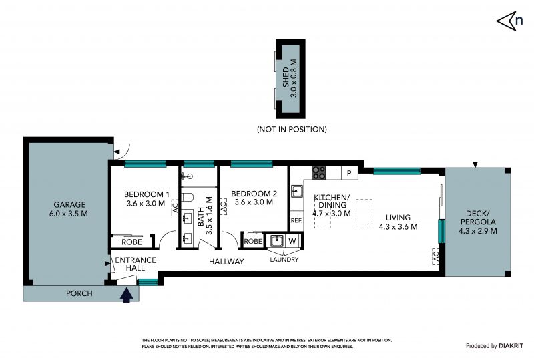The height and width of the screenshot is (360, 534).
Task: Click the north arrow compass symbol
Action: coord(509,21)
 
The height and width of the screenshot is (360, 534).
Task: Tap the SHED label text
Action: coord(286,77)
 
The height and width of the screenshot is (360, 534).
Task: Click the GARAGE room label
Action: coord(69,204)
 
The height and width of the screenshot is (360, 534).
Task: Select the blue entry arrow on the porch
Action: coord(126,295)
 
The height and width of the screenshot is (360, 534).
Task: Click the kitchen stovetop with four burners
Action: coord(319,173)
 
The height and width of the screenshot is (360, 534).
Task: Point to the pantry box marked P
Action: coord(349,173)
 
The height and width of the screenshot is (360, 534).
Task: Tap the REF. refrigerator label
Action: coord(296,220)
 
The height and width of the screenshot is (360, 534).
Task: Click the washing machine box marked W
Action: coord(292,241)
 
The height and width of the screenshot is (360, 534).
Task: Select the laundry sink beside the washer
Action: coord(276,241)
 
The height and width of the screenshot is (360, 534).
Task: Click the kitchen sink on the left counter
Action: coord(296,191)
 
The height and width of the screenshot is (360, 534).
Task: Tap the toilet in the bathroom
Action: coord(187,198)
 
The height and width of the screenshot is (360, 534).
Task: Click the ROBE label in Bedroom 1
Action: coord(131,242)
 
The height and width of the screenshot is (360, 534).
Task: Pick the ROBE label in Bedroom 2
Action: coord(253,241)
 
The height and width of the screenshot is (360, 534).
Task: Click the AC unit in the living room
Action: coord(436,256)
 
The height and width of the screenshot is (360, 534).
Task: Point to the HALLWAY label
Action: coord(226,262)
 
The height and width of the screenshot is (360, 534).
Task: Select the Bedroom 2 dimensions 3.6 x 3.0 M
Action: coord(254,202)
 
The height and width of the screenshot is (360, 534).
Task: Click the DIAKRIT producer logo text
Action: coord(511,346)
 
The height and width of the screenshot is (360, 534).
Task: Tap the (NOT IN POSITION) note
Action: coord(292,129)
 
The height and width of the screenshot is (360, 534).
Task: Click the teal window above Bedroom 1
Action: coord(145,164)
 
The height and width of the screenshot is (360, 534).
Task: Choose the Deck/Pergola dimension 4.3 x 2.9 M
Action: coord(477,231)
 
